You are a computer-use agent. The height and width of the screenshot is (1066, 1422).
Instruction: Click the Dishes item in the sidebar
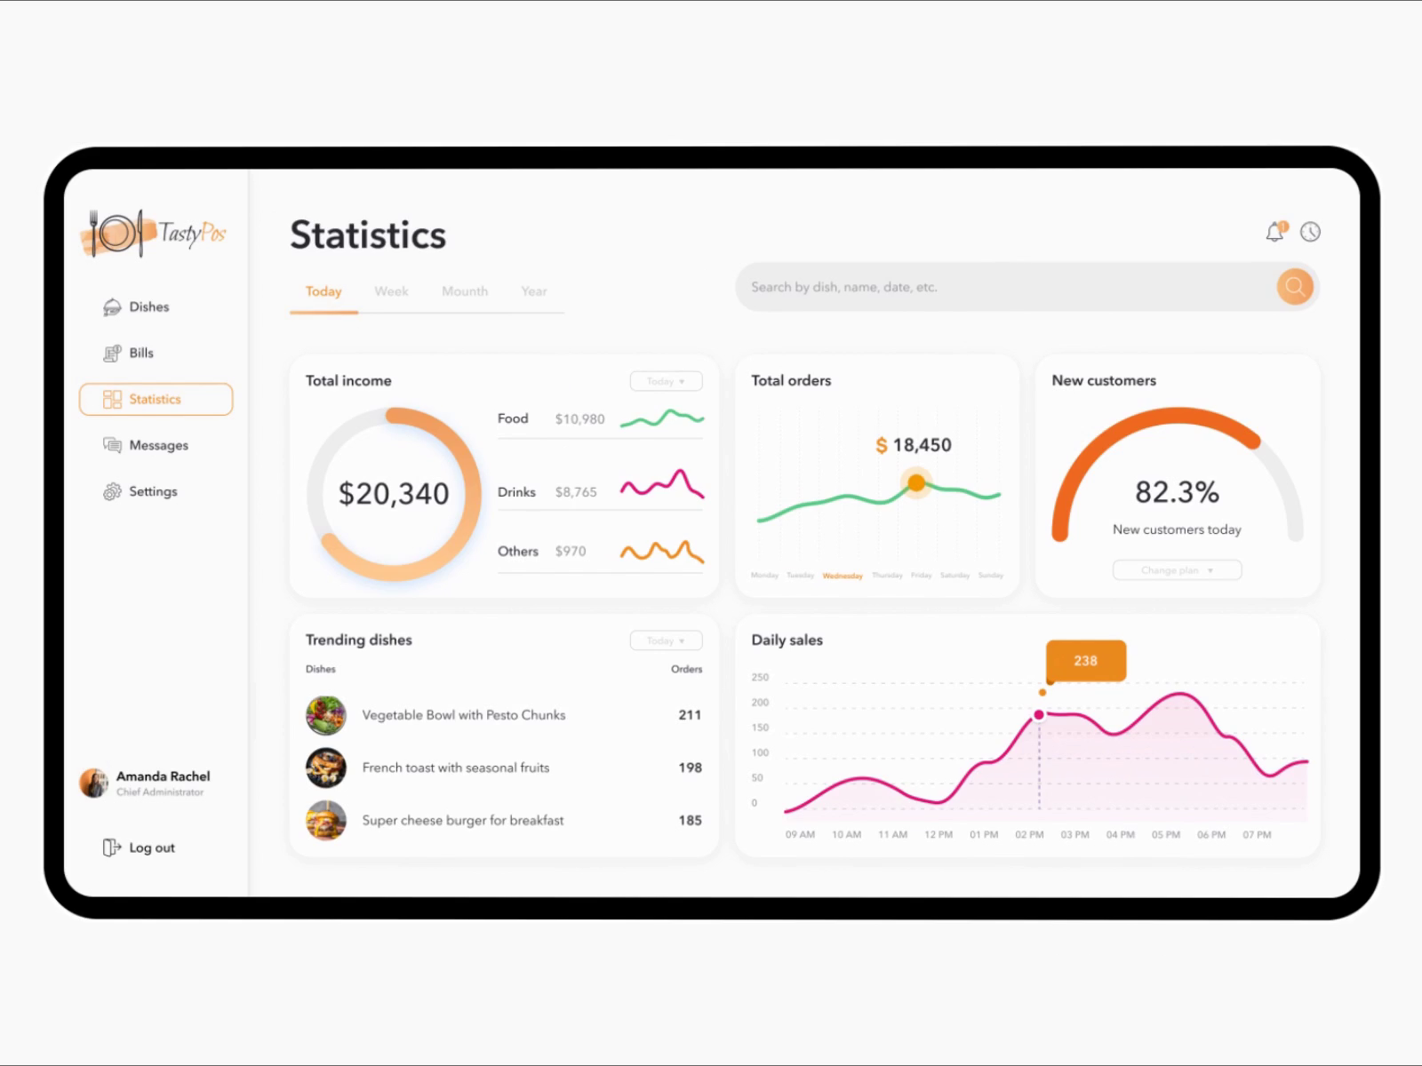pyautogui.click(x=148, y=307)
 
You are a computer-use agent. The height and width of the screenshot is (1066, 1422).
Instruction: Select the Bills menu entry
pyautogui.click(x=140, y=354)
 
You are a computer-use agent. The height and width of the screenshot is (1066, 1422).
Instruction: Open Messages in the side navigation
pyautogui.click(x=157, y=445)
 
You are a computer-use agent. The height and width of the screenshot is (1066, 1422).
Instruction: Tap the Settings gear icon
pyautogui.click(x=112, y=492)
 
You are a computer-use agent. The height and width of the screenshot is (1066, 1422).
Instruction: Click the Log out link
pyautogui.click(x=151, y=847)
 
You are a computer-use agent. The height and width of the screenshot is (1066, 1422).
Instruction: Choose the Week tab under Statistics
pyautogui.click(x=391, y=291)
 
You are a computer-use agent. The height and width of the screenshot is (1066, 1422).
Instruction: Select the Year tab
pyautogui.click(x=534, y=291)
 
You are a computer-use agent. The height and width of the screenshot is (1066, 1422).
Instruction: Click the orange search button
pyautogui.click(x=1295, y=286)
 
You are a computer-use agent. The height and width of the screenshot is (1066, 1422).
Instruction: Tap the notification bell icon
pyautogui.click(x=1275, y=232)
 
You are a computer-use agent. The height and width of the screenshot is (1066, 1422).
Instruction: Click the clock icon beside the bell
pyautogui.click(x=1310, y=232)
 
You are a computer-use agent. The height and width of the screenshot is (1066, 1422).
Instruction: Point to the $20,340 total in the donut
pyautogui.click(x=394, y=494)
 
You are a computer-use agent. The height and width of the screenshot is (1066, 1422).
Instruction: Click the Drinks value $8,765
pyautogui.click(x=576, y=492)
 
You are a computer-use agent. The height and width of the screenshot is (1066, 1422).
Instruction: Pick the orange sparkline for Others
pyautogui.click(x=662, y=552)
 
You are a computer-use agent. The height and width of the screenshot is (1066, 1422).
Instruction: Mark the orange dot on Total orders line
pyautogui.click(x=916, y=483)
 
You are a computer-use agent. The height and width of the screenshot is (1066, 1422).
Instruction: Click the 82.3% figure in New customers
pyautogui.click(x=1177, y=492)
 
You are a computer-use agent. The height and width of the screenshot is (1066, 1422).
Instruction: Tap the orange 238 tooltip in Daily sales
pyautogui.click(x=1085, y=661)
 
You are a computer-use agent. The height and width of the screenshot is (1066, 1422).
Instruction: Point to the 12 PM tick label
pyautogui.click(x=938, y=835)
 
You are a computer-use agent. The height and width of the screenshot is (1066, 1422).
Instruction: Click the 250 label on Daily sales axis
pyautogui.click(x=760, y=677)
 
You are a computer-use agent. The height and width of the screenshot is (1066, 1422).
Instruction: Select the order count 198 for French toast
pyautogui.click(x=690, y=768)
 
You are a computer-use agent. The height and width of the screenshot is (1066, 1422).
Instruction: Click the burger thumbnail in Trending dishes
pyautogui.click(x=326, y=820)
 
